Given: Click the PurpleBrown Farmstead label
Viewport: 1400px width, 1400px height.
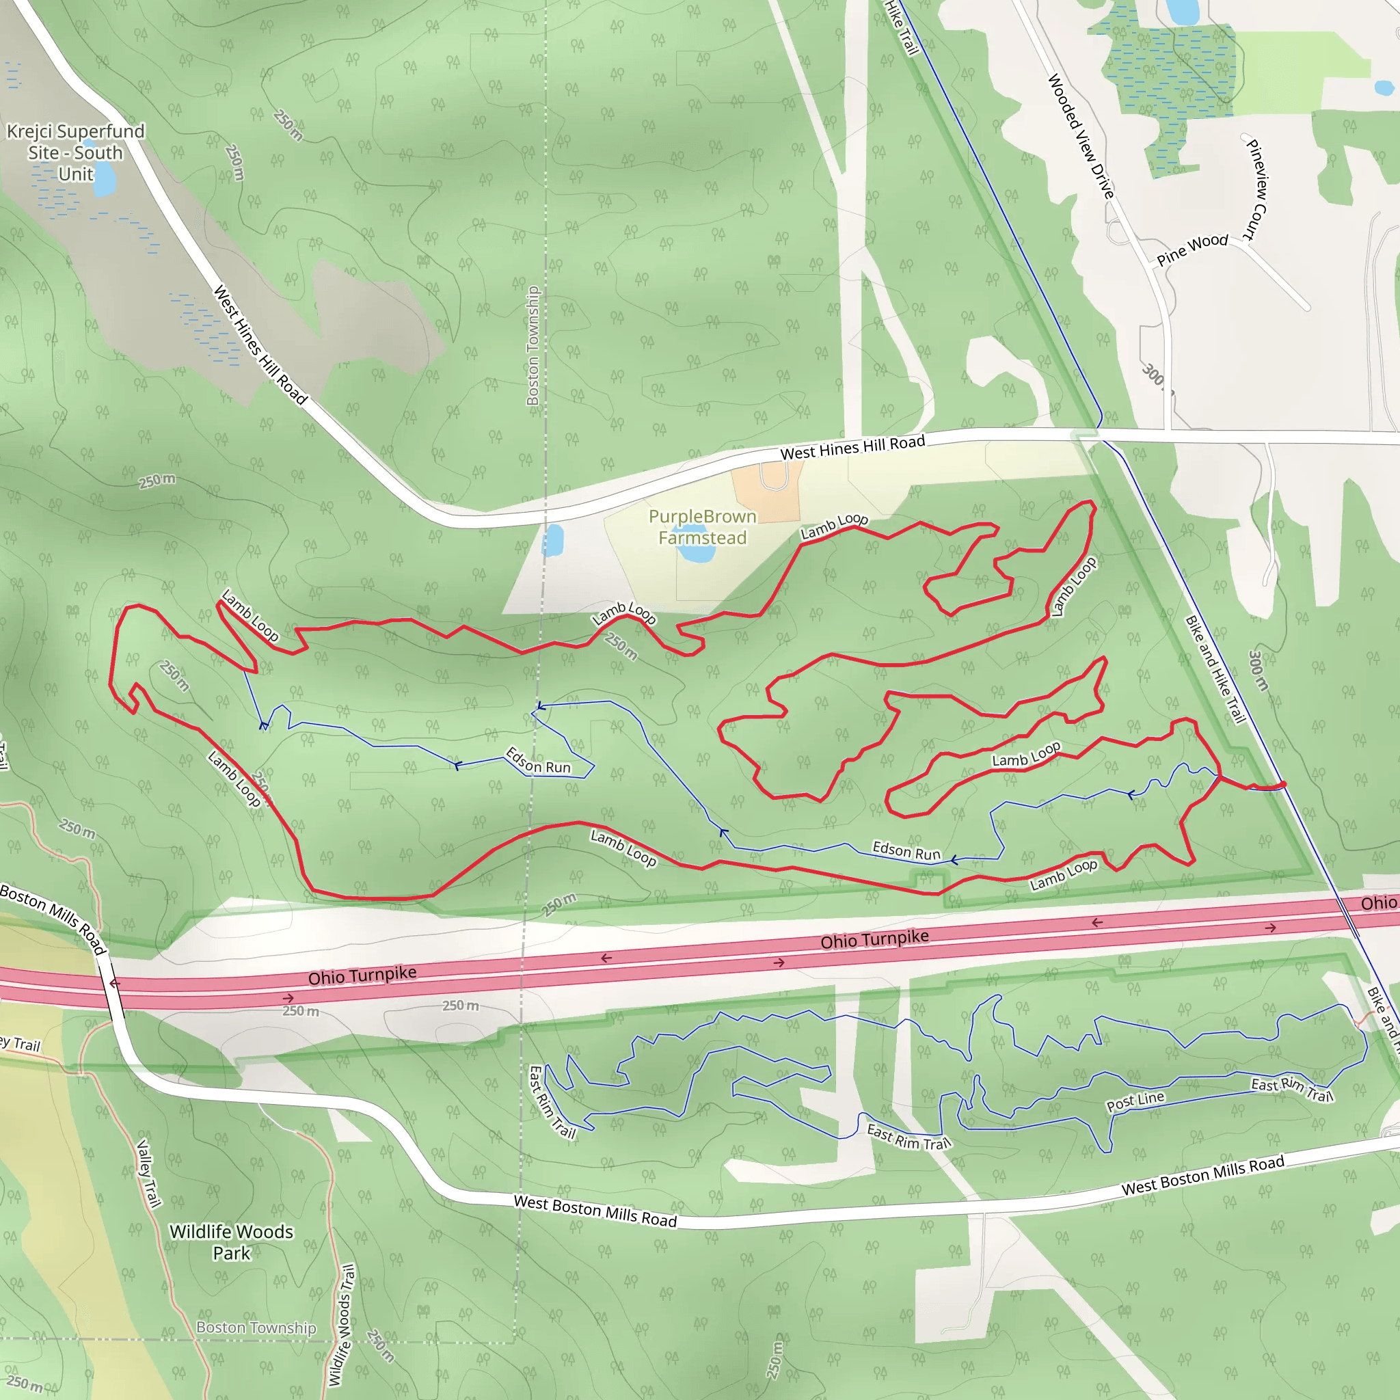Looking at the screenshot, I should click(701, 527).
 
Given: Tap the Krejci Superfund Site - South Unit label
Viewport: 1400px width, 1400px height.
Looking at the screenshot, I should click(75, 152).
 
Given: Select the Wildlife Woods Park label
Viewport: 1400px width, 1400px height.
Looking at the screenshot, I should click(231, 1242).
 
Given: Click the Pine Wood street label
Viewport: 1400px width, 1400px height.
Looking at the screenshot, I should click(1192, 250).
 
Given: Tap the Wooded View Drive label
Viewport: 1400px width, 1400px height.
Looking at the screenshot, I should click(1081, 137).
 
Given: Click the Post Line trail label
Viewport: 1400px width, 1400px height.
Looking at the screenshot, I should click(1135, 1101).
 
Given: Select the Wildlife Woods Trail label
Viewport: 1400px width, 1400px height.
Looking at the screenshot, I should click(341, 1325).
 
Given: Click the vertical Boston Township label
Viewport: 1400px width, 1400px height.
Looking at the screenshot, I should click(533, 347).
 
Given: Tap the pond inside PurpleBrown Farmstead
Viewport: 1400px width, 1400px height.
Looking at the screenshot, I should click(696, 554).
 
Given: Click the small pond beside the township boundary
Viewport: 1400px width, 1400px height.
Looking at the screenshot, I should click(554, 540).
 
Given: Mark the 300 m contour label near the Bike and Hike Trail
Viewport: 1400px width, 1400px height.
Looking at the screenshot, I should click(1258, 671).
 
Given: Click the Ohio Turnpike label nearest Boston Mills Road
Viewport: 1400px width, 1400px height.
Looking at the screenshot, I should click(362, 975).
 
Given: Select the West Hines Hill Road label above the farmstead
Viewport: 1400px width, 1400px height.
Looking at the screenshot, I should click(852, 448).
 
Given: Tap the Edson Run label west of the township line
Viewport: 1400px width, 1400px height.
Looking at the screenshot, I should click(538, 761).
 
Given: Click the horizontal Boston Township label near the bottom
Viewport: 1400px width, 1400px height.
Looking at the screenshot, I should click(256, 1328).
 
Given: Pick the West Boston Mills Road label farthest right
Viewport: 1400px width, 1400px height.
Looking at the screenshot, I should click(1203, 1175).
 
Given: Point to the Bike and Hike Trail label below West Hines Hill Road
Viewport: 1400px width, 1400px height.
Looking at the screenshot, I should click(1215, 669).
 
